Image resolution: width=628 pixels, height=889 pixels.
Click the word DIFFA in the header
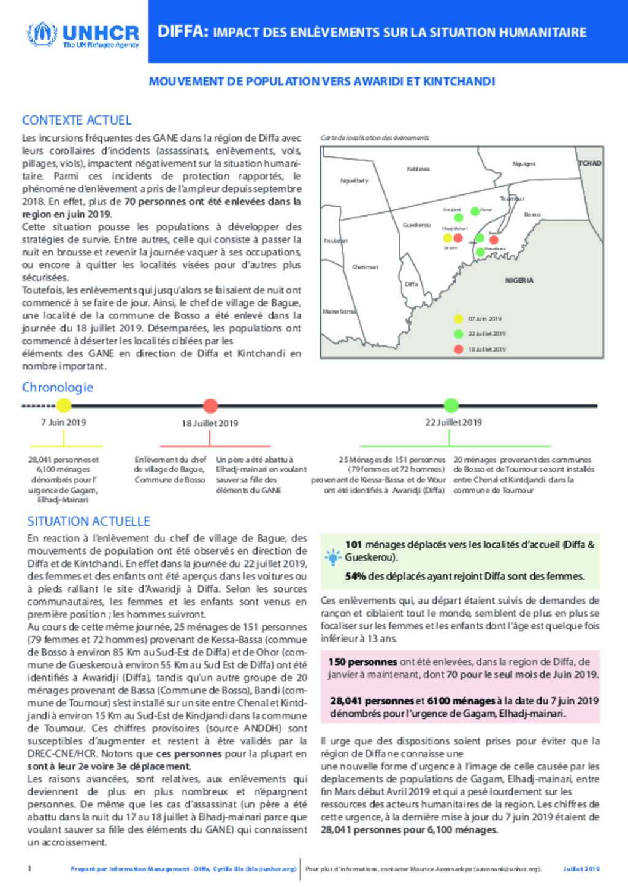(x=180, y=33)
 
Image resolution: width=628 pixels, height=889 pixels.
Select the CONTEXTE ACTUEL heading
(x=77, y=120)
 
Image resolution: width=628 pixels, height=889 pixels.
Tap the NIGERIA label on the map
(x=519, y=280)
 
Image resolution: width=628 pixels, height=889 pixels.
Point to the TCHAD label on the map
(x=589, y=163)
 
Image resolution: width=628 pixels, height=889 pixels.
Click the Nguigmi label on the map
(x=524, y=163)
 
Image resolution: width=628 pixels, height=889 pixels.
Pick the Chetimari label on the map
(x=365, y=267)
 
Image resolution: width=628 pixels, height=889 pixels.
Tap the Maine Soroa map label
(x=339, y=312)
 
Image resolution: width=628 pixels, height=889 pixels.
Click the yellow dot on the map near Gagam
(x=448, y=238)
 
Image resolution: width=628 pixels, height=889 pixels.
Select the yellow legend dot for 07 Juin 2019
(x=458, y=318)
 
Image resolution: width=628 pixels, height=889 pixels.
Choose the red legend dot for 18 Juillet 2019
(x=458, y=349)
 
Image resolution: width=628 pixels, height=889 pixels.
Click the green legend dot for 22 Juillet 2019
(x=458, y=334)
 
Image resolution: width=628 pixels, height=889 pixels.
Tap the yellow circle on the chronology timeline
(x=64, y=405)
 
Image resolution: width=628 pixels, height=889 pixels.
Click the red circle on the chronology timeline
(x=210, y=406)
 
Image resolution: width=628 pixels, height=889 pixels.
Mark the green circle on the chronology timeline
(x=451, y=405)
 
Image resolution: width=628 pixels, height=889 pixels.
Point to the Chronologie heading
(x=58, y=387)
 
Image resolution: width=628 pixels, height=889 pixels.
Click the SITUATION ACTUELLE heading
(x=89, y=521)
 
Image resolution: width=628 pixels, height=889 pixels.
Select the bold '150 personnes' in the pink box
(x=354, y=662)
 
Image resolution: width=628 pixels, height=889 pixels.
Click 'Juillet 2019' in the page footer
(x=581, y=869)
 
